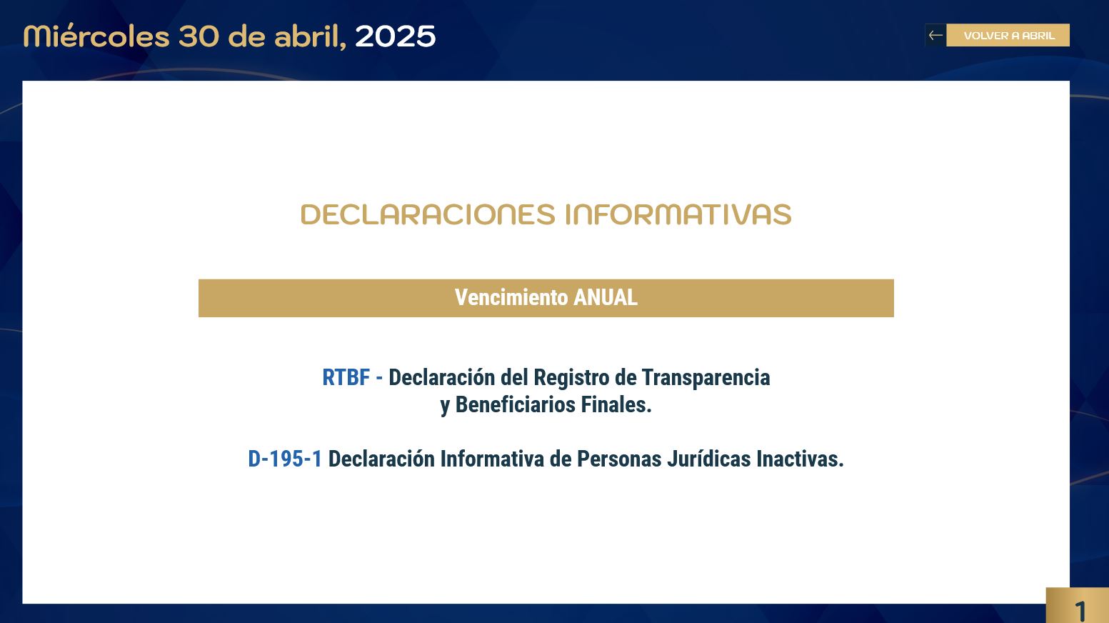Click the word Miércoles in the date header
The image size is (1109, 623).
tap(96, 36)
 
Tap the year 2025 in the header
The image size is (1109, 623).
tap(395, 36)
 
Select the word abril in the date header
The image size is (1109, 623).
tap(310, 36)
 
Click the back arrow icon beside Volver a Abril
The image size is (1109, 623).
tap(935, 35)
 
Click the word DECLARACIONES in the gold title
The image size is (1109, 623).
tap(428, 214)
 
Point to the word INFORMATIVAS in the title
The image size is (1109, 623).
tap(678, 214)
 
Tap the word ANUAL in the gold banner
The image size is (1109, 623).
tap(606, 298)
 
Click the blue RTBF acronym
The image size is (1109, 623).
tap(346, 377)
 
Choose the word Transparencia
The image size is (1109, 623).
tap(706, 378)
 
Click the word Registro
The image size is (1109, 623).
tap(571, 378)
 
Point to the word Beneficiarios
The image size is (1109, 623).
tap(516, 404)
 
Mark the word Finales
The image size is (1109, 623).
tap(616, 404)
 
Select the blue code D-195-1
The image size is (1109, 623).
tap(285, 459)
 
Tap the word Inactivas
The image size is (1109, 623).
tap(800, 459)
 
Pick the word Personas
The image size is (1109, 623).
tap(619, 459)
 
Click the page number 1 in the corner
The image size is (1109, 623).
tap(1080, 611)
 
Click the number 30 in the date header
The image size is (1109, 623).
tap(199, 36)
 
